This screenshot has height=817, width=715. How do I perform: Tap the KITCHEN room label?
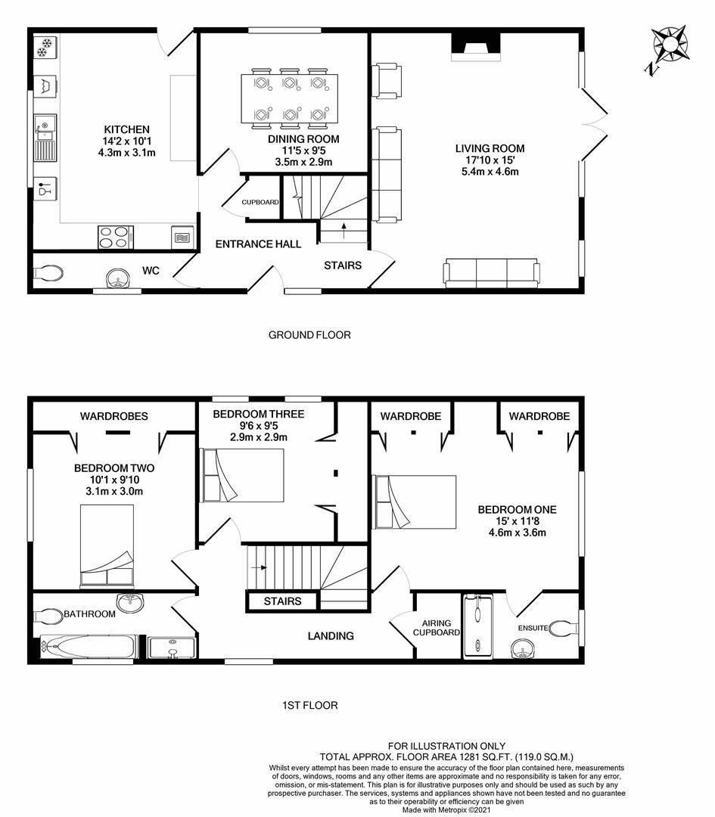126,129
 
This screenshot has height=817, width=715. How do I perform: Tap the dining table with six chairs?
290,98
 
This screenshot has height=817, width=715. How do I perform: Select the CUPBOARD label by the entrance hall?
260,203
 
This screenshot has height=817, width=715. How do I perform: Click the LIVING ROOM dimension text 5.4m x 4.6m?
489,172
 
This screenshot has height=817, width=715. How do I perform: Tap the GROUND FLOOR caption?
309,334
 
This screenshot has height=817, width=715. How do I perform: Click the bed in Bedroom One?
416,502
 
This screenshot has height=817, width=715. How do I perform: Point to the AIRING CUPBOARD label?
438,626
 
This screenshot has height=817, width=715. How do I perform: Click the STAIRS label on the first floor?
282,601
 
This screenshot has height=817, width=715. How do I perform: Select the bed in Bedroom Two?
107,546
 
